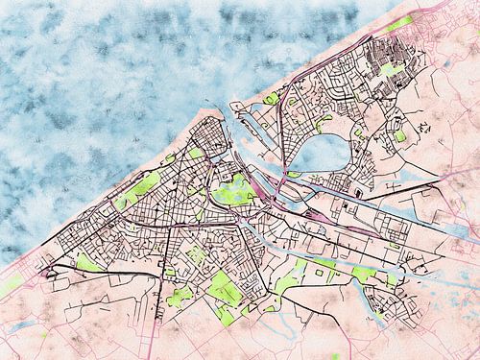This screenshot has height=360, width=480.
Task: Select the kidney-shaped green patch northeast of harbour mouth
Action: [273, 98]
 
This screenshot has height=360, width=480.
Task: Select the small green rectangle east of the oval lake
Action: [399, 136]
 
